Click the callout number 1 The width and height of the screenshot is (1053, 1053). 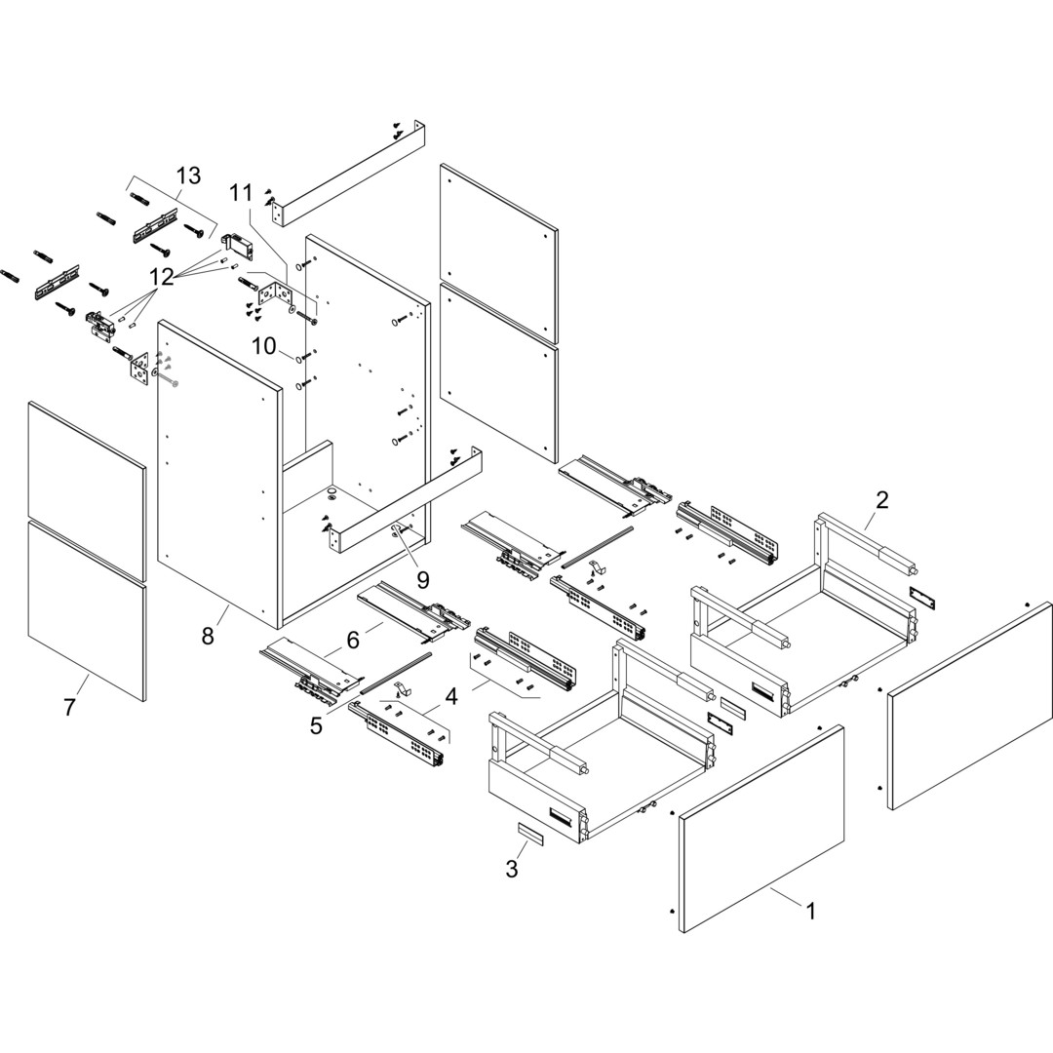(810, 912)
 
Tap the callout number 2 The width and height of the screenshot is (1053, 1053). (881, 500)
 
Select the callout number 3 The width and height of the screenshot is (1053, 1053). (512, 869)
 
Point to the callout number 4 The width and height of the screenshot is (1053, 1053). (451, 697)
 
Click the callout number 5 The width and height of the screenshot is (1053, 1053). (316, 725)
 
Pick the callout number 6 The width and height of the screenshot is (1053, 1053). (353, 640)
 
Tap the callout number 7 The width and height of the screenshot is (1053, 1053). (69, 708)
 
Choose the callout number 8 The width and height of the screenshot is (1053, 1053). (208, 636)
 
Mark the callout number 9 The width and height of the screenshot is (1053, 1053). (423, 579)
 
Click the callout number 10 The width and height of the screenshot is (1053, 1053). (264, 346)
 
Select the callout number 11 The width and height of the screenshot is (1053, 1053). (241, 193)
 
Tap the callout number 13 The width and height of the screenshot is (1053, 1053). (188, 175)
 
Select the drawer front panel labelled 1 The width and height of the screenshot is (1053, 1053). (760, 829)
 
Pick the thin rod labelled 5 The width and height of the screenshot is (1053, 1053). (394, 673)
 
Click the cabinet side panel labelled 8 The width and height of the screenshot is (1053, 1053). (219, 468)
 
